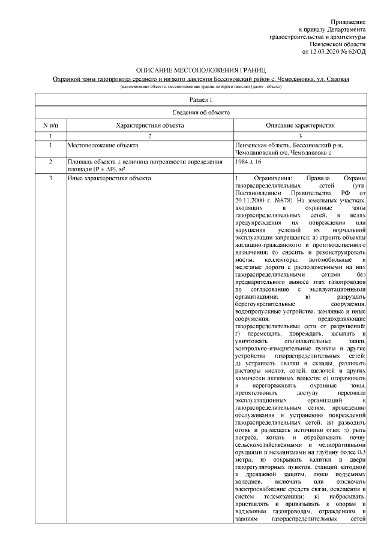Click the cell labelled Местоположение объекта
pos(102,145)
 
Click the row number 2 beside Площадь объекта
pos(50,162)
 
